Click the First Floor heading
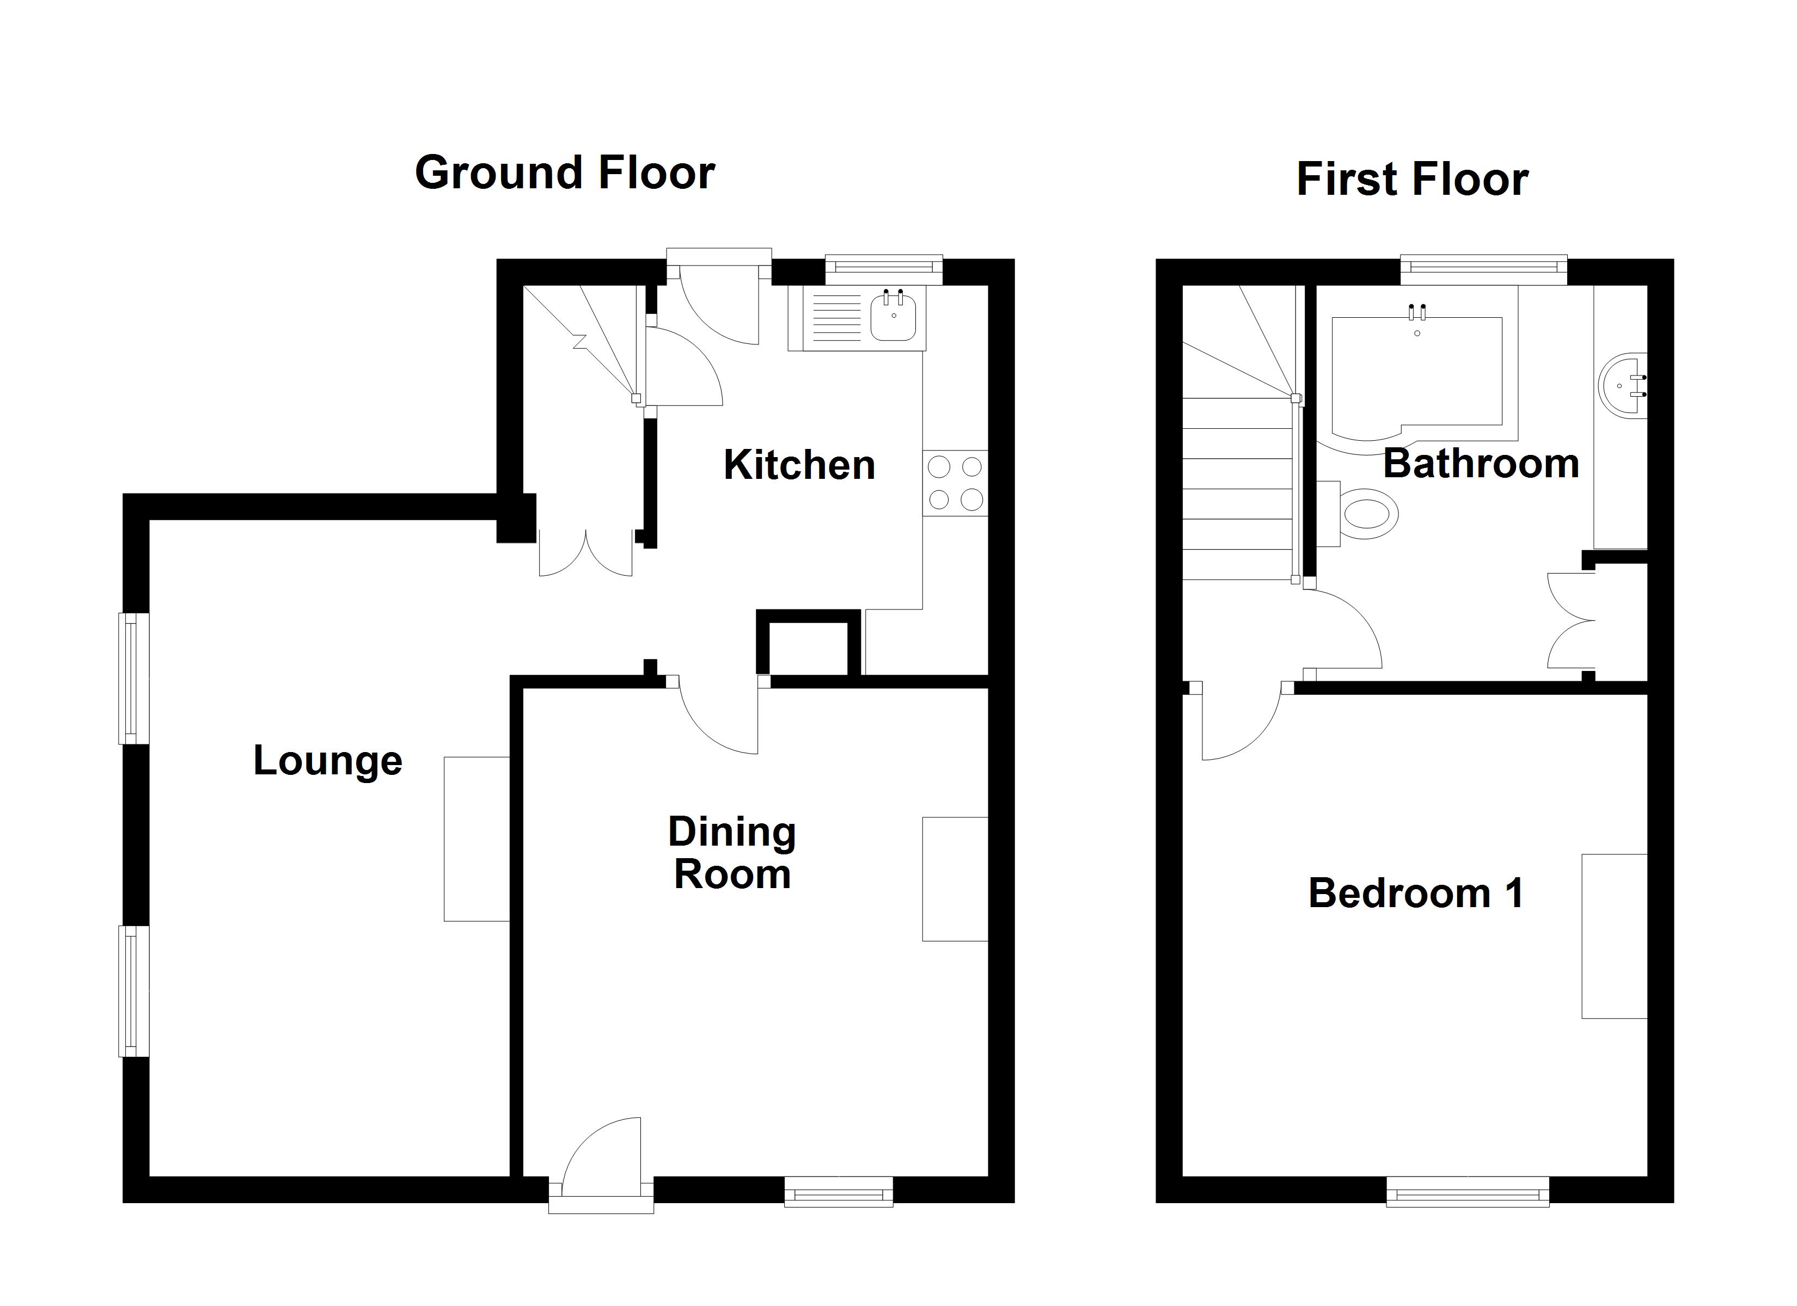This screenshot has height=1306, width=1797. [x=1412, y=179]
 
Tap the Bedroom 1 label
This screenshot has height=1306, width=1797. [x=1416, y=894]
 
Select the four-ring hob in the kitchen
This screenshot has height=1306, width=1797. [x=955, y=483]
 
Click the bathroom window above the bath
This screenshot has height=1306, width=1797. [x=1483, y=269]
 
